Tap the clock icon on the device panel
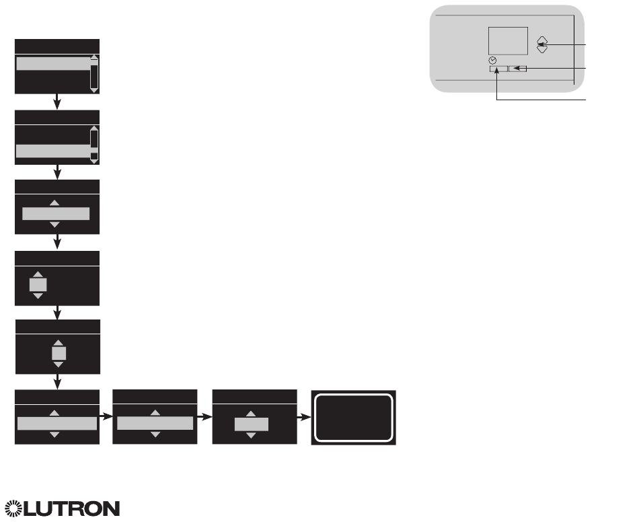494,61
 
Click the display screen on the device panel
508,42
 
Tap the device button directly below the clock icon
498,69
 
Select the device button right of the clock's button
517,69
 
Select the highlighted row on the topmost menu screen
52,63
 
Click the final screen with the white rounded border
353,416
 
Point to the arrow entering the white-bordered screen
304,417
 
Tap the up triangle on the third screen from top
55,202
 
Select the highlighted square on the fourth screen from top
38,285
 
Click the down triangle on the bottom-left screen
55,435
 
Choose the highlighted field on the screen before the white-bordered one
251,424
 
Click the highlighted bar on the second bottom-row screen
155,423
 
